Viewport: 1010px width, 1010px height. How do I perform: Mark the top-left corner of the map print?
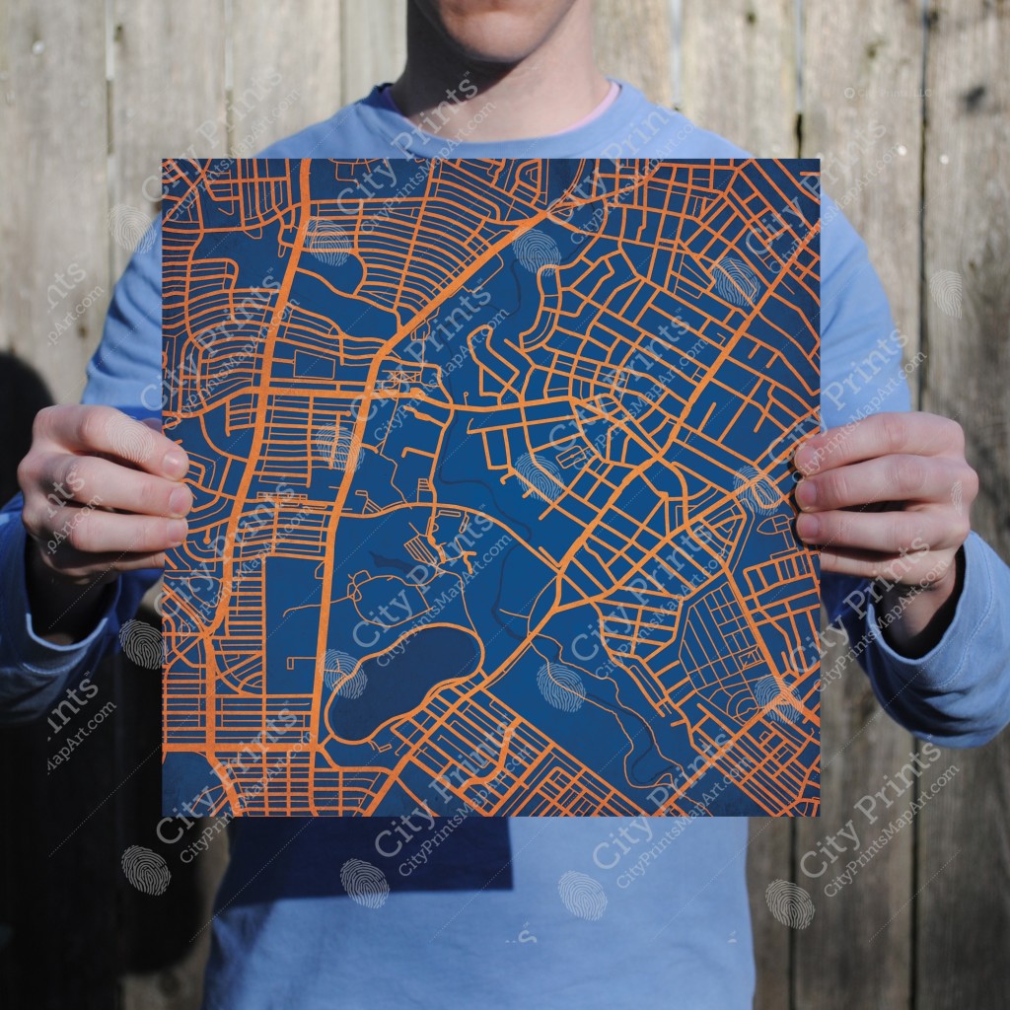tap(164, 160)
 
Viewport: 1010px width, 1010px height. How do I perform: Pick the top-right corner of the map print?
tap(819, 160)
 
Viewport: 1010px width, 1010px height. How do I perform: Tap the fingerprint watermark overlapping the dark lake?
tap(344, 676)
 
